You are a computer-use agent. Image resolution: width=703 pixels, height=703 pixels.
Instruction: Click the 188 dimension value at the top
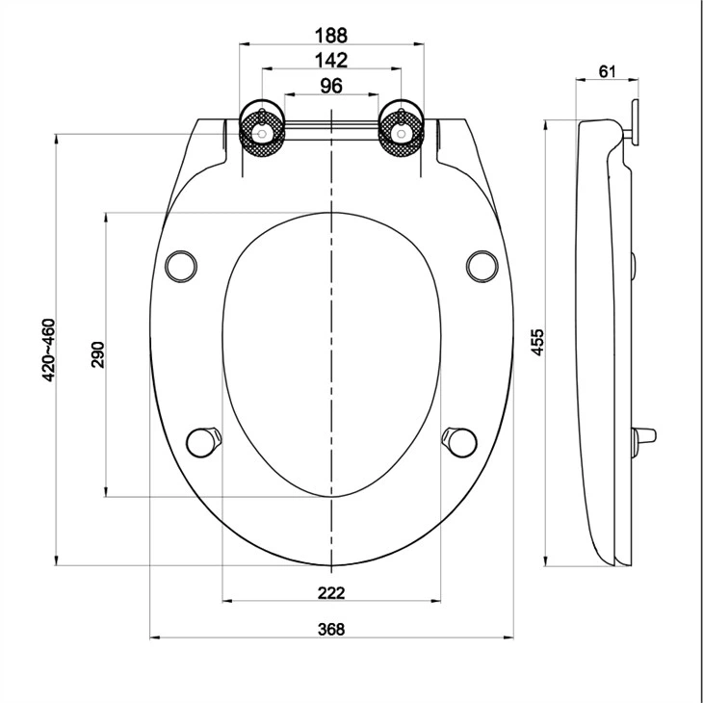coord(330,35)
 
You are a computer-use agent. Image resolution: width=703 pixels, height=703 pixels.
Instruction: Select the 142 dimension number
coord(330,60)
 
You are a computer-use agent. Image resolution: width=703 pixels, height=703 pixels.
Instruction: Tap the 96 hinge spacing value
coord(330,86)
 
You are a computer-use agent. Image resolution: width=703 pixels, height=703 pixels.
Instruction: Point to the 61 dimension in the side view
coord(608,71)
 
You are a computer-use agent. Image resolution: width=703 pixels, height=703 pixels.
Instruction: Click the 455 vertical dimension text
coord(538,343)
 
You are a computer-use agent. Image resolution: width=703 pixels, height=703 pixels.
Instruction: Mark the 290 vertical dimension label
coord(96,354)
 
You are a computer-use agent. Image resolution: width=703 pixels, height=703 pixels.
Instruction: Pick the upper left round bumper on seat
coord(181,263)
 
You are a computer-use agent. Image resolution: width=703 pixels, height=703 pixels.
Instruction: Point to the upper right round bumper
coord(481,263)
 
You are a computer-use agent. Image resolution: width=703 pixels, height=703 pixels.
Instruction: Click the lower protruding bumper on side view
coord(646,439)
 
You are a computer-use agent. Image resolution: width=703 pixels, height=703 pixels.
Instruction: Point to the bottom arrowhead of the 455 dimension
coord(546,561)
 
